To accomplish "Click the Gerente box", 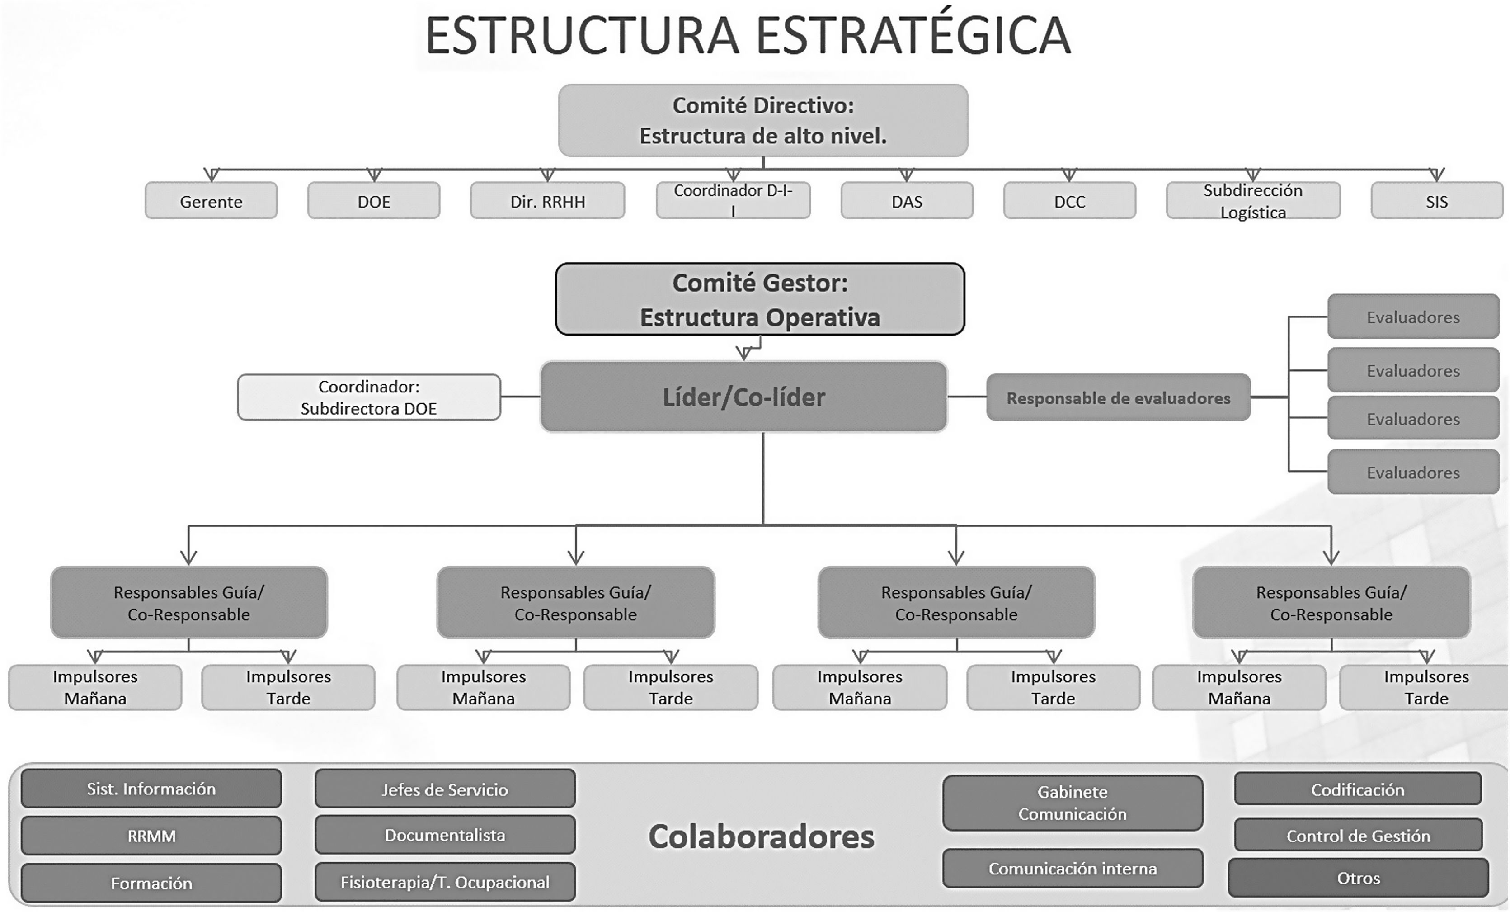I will [x=211, y=200].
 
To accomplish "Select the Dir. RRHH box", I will [x=547, y=200].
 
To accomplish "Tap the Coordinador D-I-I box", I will [x=733, y=200].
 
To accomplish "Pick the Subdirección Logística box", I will [x=1253, y=200].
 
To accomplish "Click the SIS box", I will [x=1436, y=200].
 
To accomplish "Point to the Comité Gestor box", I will [x=760, y=299].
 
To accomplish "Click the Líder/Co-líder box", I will [x=743, y=397].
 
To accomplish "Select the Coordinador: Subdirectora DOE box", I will [x=369, y=397].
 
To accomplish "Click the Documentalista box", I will [x=445, y=835].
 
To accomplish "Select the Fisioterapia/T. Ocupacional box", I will [x=445, y=882].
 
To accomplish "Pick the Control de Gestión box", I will [x=1358, y=836].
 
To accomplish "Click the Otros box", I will [x=1358, y=878].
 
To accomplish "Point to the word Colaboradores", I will [x=761, y=836].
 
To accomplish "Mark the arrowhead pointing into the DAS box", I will [x=906, y=175].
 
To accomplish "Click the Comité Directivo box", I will [x=763, y=120].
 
